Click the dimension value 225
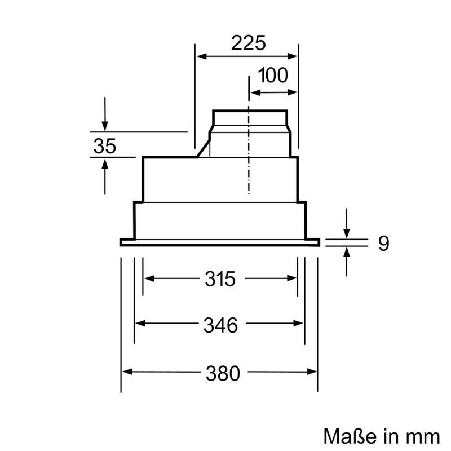[247, 43]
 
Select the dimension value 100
[273, 75]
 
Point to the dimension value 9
[383, 243]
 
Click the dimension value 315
[219, 278]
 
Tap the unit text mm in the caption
[424, 435]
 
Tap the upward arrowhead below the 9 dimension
[347, 252]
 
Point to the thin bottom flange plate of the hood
[220, 242]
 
